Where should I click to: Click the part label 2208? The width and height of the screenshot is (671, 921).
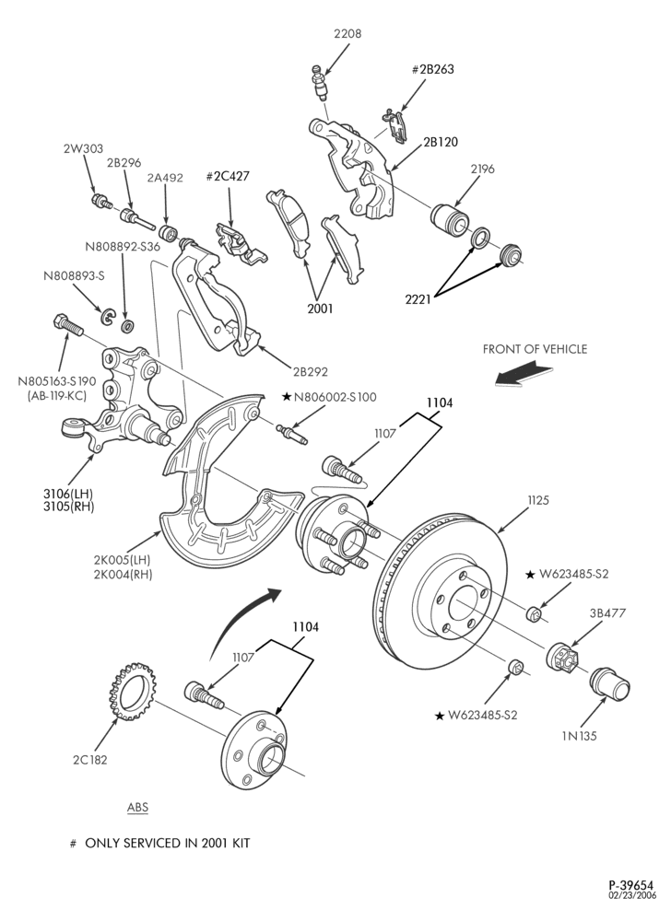coord(347,34)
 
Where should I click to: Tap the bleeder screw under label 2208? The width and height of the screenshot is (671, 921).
coord(319,84)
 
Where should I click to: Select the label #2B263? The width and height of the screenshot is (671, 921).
coord(432,69)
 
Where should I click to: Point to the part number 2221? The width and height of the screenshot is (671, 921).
coord(418,299)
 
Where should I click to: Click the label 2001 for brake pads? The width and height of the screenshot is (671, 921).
coord(320,309)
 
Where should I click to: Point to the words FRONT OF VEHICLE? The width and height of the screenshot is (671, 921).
coord(535,349)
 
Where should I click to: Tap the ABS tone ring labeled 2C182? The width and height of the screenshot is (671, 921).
coord(132,692)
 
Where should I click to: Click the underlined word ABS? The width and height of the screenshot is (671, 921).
coord(137,807)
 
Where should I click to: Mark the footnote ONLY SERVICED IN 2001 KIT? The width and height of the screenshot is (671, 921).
coord(168,844)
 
